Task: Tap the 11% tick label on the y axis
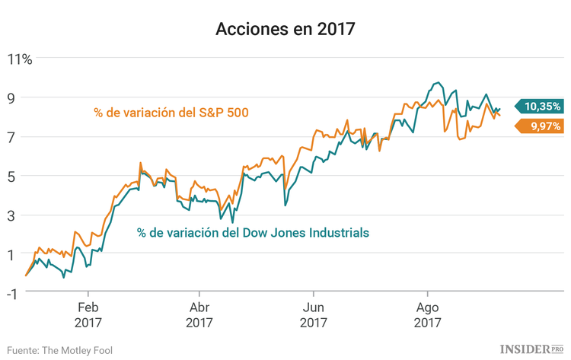pyautogui.click(x=20, y=59)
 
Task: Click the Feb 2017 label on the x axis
pyautogui.click(x=88, y=316)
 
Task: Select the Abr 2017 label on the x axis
pyautogui.click(x=199, y=316)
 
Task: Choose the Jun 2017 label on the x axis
pyautogui.click(x=313, y=316)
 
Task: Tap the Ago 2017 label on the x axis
pyautogui.click(x=427, y=316)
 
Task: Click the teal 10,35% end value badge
pyautogui.click(x=541, y=107)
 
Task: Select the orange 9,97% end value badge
pyautogui.click(x=541, y=126)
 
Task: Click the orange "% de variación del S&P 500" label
pyautogui.click(x=172, y=113)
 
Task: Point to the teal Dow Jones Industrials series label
pyautogui.click(x=254, y=232)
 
